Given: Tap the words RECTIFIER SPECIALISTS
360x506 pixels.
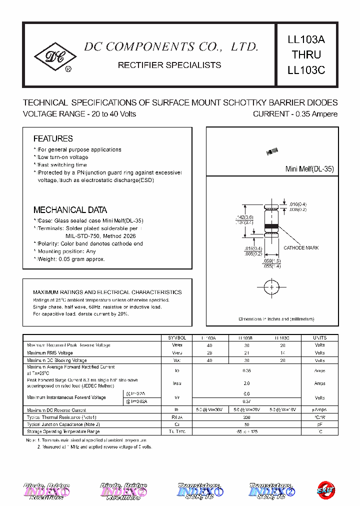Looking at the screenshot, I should pyautogui.click(x=169, y=65).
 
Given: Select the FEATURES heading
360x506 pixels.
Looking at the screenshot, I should pyautogui.click(x=53, y=138).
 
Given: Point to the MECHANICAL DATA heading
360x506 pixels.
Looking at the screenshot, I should pyautogui.click(x=70, y=210).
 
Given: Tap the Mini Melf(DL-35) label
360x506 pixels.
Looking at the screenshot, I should pyautogui.click(x=309, y=169).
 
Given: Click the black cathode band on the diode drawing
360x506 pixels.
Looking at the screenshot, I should pyautogui.click(x=270, y=227).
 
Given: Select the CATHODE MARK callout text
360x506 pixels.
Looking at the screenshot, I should pyautogui.click(x=301, y=248).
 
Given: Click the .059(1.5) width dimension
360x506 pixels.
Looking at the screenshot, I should pyautogui.click(x=272, y=260).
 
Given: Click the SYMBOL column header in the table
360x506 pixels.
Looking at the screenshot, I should pyautogui.click(x=177, y=338).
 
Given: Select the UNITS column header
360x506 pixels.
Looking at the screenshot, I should pyautogui.click(x=319, y=338).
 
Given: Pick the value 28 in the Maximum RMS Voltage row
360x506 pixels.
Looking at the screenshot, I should pyautogui.click(x=209, y=353).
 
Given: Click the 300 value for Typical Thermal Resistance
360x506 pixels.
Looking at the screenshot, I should pyautogui.click(x=246, y=416).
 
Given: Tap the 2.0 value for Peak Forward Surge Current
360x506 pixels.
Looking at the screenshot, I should pyautogui.click(x=246, y=383).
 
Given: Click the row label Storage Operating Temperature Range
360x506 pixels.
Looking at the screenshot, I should pyautogui.click(x=63, y=431).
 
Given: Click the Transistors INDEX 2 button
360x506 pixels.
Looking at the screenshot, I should pyautogui.click(x=270, y=490).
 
